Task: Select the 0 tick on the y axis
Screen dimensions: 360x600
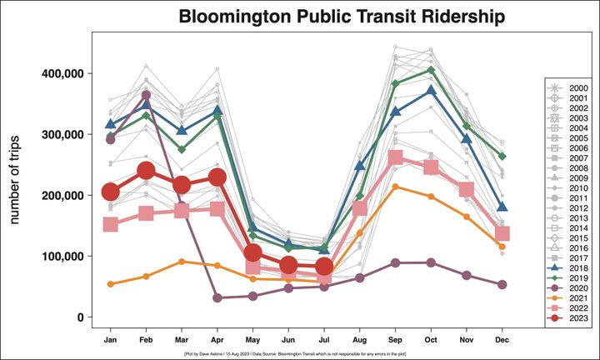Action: pyautogui.click(x=79, y=317)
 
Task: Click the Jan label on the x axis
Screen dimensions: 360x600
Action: pyautogui.click(x=109, y=340)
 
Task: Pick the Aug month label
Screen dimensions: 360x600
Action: pyautogui.click(x=359, y=340)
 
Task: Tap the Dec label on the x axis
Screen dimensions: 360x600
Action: pyautogui.click(x=502, y=340)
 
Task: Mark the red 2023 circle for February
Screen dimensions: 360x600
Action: pyautogui.click(x=146, y=172)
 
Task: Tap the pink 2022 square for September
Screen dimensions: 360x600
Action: pyautogui.click(x=396, y=158)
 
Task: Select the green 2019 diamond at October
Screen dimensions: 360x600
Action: pyautogui.click(x=431, y=70)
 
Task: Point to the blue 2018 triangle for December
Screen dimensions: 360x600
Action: pyautogui.click(x=502, y=207)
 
